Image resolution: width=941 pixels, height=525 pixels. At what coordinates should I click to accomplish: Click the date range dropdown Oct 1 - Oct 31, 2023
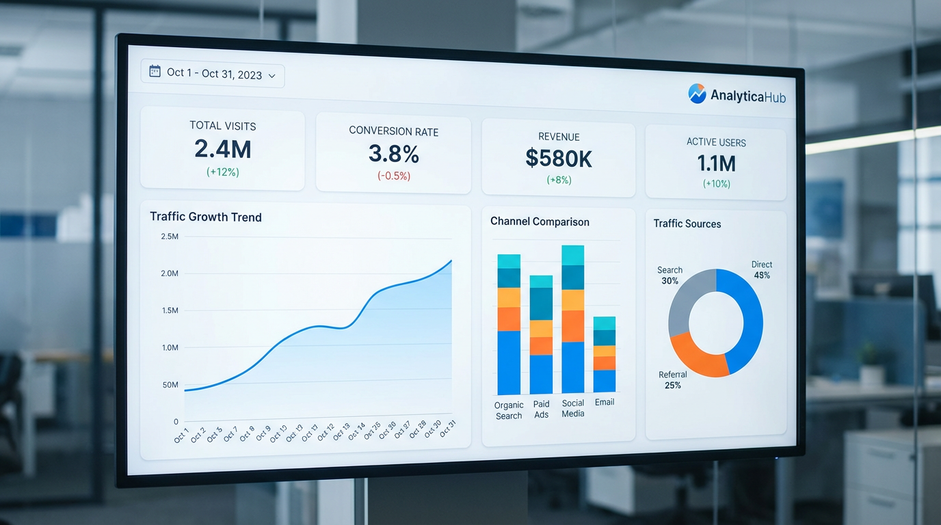[213, 75]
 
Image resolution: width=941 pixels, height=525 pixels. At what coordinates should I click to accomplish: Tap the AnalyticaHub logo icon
[697, 94]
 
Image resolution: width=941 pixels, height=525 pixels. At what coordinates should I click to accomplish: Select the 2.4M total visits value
[223, 149]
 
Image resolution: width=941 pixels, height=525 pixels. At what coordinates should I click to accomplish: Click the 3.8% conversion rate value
[393, 154]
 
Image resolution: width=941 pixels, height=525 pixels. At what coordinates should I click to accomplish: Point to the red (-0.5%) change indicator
[393, 176]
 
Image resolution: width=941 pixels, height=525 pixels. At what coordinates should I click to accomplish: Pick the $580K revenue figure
[559, 159]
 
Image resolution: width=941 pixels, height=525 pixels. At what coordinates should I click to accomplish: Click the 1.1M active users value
[716, 163]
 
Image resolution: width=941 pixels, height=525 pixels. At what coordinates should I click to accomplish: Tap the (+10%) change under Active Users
[716, 184]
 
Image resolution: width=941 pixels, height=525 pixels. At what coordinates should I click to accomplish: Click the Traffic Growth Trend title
[206, 217]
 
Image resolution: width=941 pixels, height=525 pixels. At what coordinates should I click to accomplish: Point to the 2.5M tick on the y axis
[170, 237]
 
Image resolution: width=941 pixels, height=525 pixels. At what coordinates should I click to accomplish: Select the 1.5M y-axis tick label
[170, 310]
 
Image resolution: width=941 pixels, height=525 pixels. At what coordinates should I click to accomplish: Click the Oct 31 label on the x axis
[448, 429]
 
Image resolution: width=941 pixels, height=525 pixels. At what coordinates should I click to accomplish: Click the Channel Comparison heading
[540, 222]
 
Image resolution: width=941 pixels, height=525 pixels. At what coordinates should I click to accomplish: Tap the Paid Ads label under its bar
[541, 409]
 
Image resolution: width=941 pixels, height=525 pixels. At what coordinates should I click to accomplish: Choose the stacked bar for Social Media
[573, 319]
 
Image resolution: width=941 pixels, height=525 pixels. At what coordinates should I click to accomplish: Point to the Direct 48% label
[761, 270]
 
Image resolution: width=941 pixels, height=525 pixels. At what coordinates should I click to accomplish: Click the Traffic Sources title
[687, 224]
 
